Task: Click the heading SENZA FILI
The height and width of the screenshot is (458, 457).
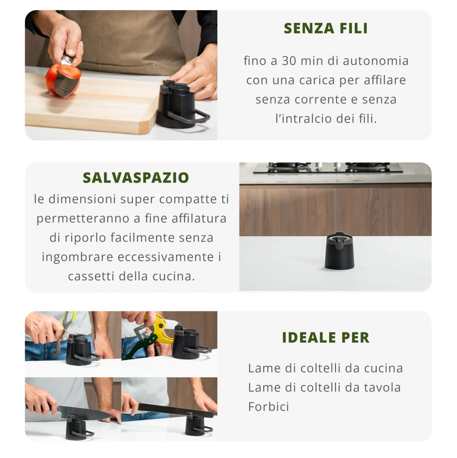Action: (x=326, y=29)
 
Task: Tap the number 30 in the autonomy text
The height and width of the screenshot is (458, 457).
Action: (x=289, y=61)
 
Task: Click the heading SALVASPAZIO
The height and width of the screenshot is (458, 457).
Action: (x=136, y=177)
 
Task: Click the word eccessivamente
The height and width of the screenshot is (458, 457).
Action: (x=166, y=257)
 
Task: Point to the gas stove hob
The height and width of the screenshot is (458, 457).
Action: (x=328, y=167)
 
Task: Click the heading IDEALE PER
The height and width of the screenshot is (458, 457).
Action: (x=326, y=338)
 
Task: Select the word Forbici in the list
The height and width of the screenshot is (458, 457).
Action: (x=269, y=407)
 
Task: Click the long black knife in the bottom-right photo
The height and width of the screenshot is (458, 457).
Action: (x=176, y=410)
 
